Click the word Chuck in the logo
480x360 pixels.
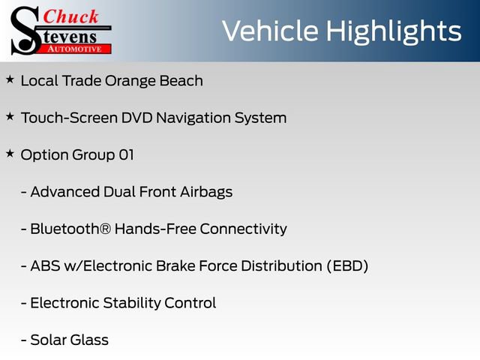(x=70, y=16)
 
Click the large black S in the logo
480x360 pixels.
(x=25, y=31)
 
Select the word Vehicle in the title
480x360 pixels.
(x=270, y=31)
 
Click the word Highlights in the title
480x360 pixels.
(x=393, y=31)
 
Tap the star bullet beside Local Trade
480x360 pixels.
(x=10, y=79)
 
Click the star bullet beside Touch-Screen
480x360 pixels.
(x=10, y=116)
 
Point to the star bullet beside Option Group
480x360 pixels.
(x=10, y=153)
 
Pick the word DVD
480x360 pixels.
(x=136, y=118)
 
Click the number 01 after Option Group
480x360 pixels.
(x=126, y=155)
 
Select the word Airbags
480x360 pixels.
(x=206, y=193)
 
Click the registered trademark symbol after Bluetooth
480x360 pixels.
(x=105, y=229)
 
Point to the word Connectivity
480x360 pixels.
(x=243, y=229)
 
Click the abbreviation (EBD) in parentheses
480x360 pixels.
(x=347, y=266)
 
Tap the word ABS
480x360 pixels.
(x=45, y=266)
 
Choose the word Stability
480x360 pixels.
(x=132, y=303)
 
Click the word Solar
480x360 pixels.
(x=49, y=340)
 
